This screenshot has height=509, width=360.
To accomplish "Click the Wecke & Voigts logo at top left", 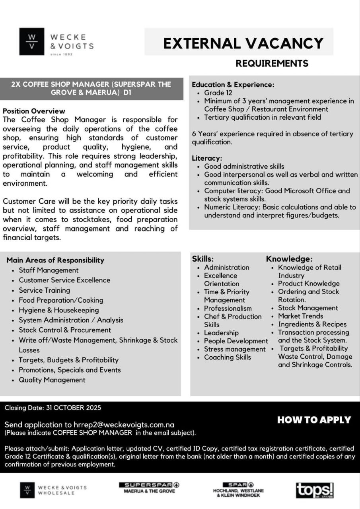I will point(56,42).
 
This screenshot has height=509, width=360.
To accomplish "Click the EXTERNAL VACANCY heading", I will point(243,43).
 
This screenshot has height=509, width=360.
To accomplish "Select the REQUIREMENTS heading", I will point(272,63).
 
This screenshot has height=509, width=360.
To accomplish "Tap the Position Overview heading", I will point(34,111).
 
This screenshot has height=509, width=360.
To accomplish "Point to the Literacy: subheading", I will point(207,158).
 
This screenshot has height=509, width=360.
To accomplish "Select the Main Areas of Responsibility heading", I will point(55,260).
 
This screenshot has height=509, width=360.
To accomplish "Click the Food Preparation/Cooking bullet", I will point(61,300).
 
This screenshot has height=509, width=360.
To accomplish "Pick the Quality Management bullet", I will point(52,380).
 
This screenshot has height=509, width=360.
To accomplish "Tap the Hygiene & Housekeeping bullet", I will point(59,310).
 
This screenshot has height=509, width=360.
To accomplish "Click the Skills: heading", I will point(203,259).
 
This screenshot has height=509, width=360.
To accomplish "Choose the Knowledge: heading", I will point(289,259).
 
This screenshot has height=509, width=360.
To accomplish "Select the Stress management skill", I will point(235,349).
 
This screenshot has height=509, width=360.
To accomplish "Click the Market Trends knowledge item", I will point(300,316).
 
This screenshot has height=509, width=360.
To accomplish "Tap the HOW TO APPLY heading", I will point(314,420).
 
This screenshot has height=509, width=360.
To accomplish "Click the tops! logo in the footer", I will point(314,490).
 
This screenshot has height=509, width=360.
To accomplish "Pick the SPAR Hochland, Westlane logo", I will point(238,490).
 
